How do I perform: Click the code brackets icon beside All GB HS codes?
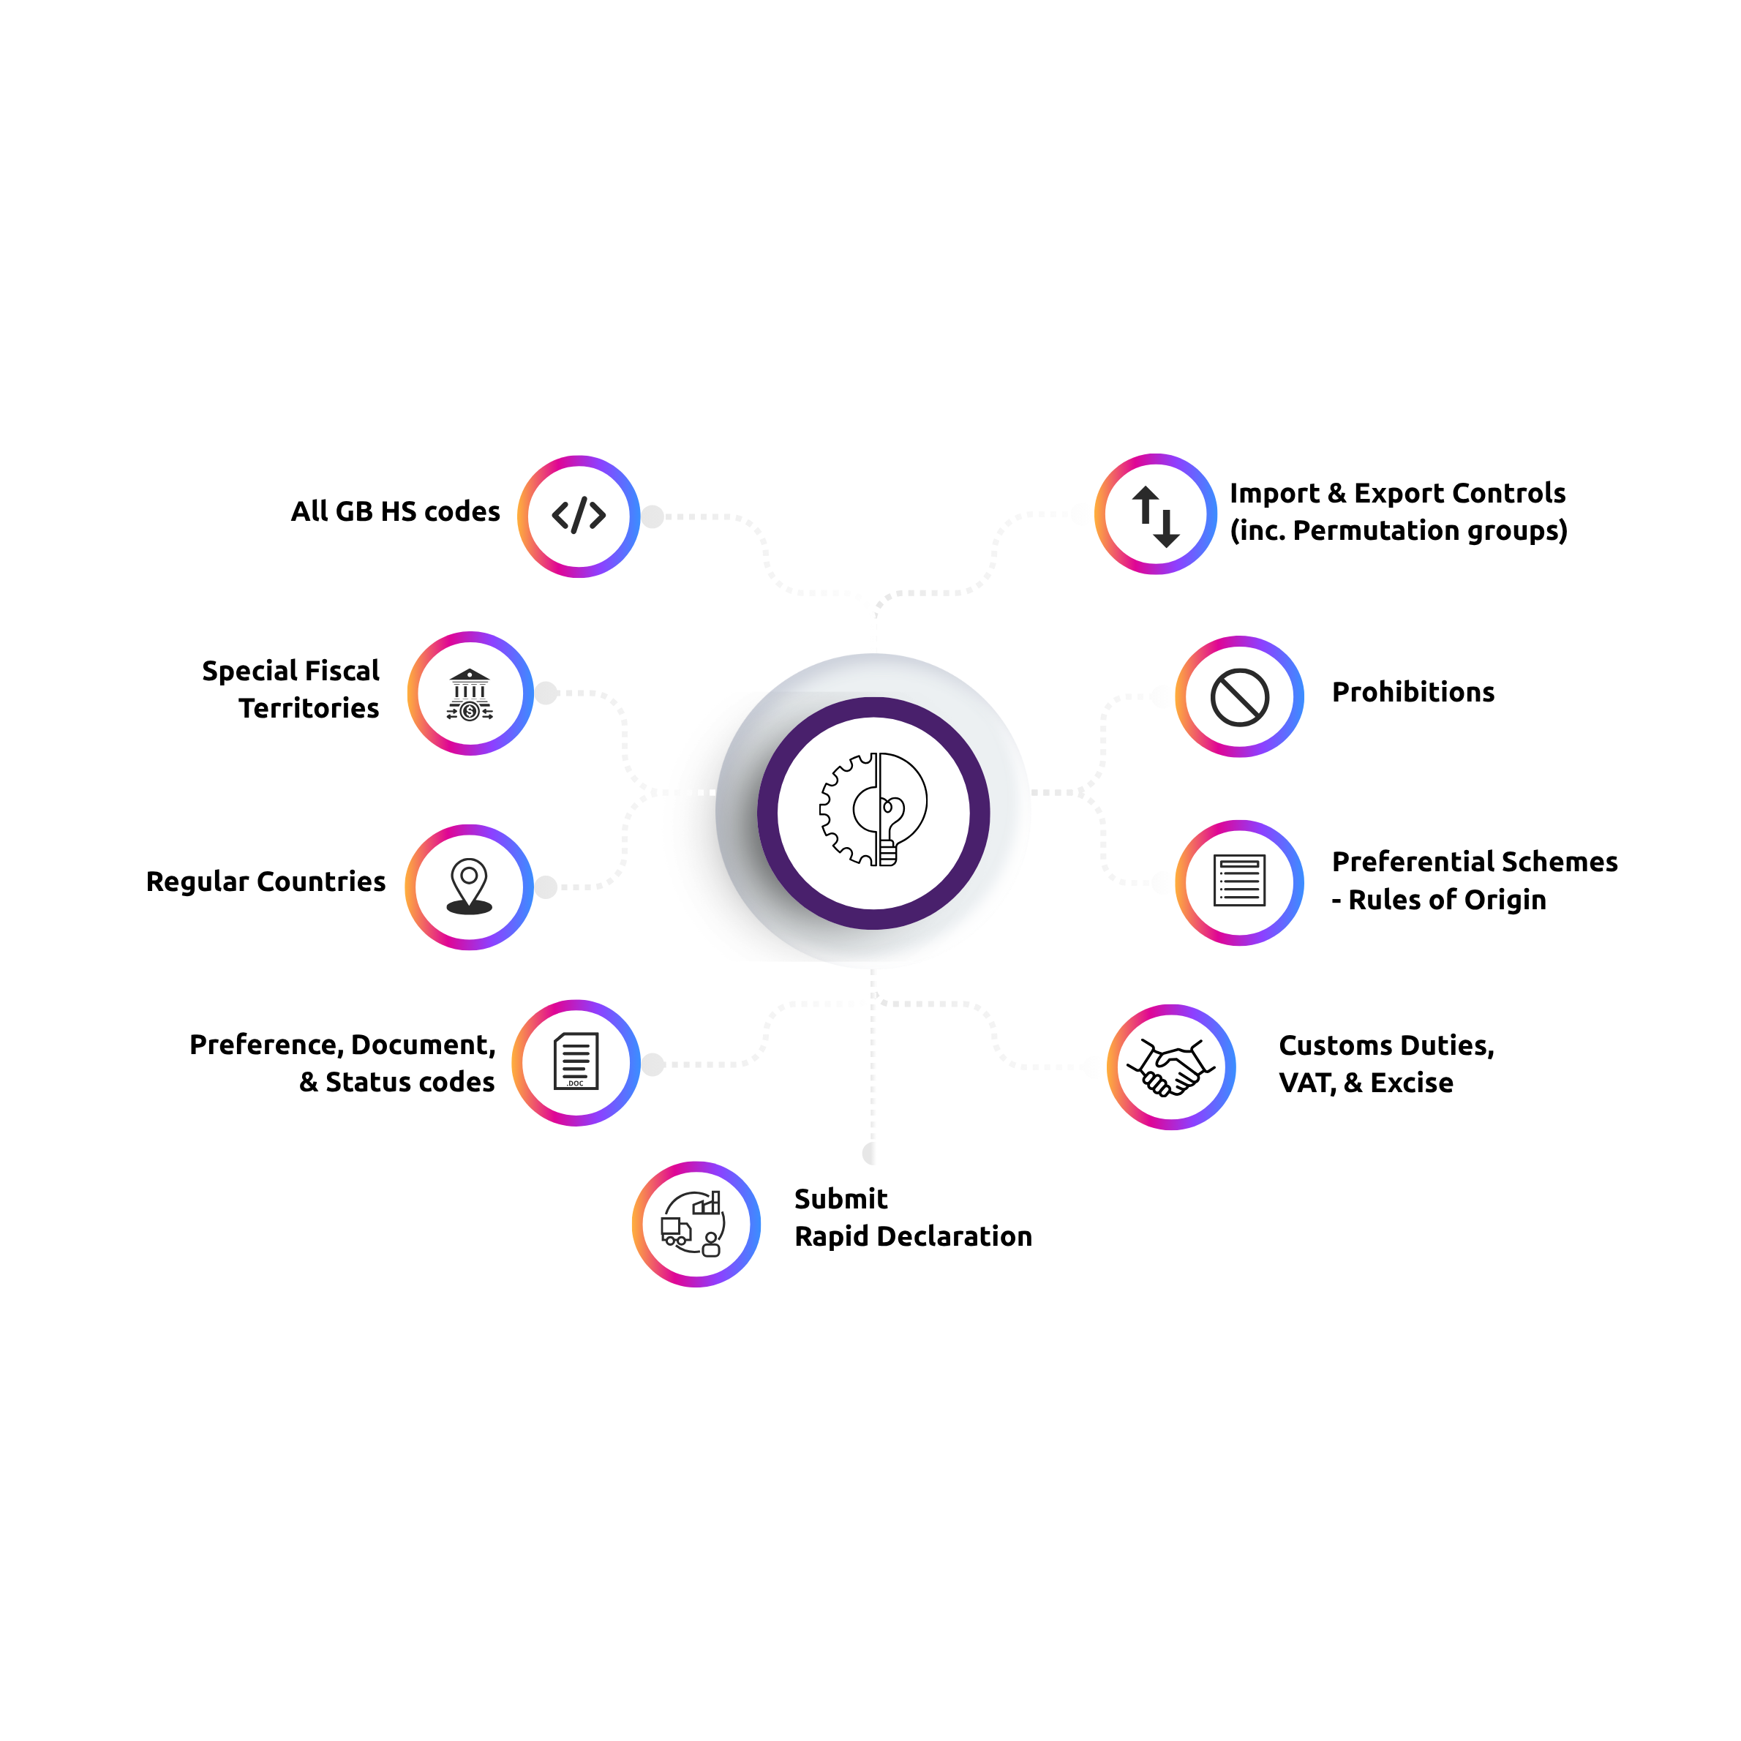579,516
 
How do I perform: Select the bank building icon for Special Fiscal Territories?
470,694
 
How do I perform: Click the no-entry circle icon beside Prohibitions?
1240,696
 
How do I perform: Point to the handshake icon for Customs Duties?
1171,1067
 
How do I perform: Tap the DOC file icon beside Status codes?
576,1061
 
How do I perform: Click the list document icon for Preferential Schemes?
1240,881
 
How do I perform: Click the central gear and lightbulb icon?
873,810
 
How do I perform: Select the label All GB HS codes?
395,512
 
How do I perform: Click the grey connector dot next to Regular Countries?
546,887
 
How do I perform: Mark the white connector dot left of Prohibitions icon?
1162,696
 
